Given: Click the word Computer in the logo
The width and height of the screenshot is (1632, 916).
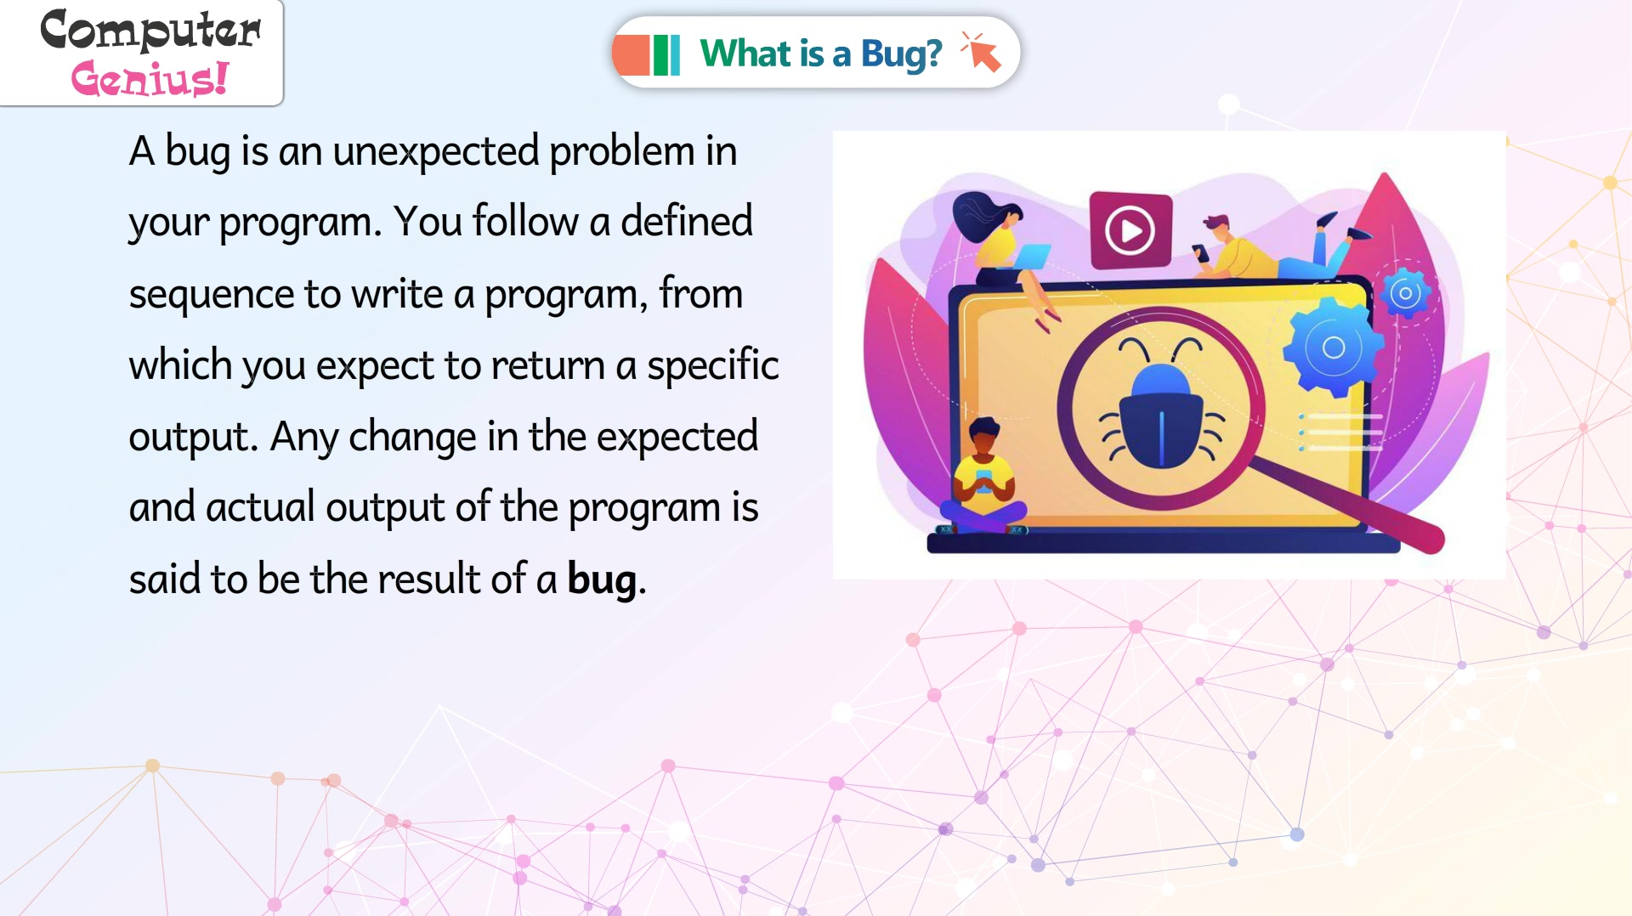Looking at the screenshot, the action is [x=150, y=30].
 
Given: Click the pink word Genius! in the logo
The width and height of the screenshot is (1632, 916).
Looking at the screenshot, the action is [x=150, y=78].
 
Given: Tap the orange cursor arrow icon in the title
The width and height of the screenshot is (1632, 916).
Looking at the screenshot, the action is [x=981, y=52].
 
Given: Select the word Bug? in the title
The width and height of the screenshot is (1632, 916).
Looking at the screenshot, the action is [x=901, y=54].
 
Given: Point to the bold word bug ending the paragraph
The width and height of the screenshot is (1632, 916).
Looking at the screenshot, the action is [x=602, y=580].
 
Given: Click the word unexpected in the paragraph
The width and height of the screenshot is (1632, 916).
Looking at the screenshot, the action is [x=436, y=151].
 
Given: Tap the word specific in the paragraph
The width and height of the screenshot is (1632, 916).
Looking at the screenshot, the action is [x=712, y=365].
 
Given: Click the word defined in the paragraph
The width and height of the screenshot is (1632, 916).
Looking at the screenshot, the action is [x=686, y=221].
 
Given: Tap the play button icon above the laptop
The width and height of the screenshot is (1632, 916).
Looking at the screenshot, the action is [x=1130, y=229].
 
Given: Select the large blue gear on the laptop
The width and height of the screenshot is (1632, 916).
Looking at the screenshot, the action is [x=1332, y=347].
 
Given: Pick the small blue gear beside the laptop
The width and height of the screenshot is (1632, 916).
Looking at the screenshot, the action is [x=1405, y=293].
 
